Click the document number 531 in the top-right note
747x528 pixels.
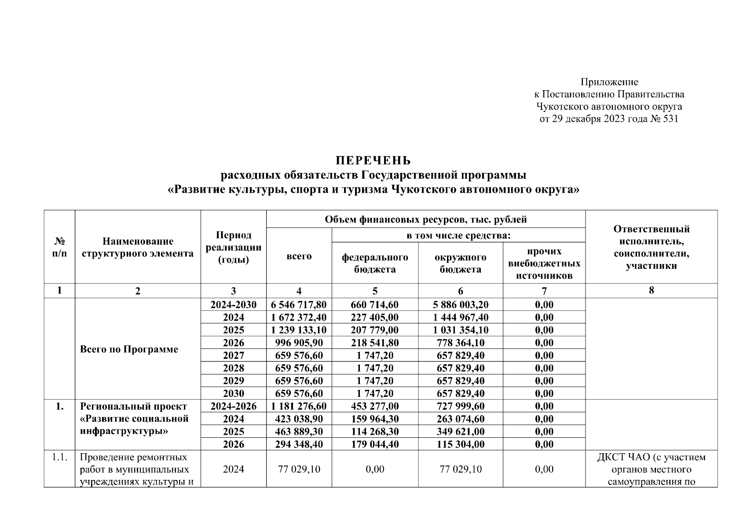(x=670, y=119)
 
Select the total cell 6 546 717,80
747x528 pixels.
(x=299, y=305)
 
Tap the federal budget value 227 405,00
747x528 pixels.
(x=375, y=318)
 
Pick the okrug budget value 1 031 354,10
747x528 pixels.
(x=460, y=330)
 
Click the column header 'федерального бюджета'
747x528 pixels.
(x=375, y=263)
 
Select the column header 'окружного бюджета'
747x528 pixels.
(x=460, y=263)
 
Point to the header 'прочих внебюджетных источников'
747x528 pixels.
(x=544, y=263)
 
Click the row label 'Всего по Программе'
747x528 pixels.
(x=129, y=349)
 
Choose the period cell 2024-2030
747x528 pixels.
(x=233, y=305)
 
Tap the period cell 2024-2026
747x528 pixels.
(x=233, y=407)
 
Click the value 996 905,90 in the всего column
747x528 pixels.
(x=299, y=343)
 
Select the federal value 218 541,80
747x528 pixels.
(x=375, y=343)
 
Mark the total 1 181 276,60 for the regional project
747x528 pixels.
(x=299, y=407)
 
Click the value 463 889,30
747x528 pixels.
(x=299, y=432)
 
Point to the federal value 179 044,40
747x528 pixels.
(x=375, y=444)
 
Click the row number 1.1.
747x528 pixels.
(x=59, y=457)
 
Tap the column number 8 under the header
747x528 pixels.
(x=651, y=290)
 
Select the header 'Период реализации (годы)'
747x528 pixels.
(x=233, y=247)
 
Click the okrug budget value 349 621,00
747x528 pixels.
(x=460, y=432)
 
